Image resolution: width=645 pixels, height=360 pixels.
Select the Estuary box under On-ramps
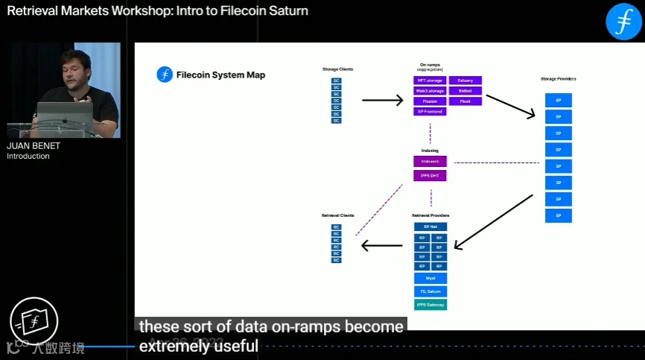point(466,80)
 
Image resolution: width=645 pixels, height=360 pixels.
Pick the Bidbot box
point(466,90)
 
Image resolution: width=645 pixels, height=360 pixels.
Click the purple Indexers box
point(430,161)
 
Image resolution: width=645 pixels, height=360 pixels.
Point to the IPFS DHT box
point(430,175)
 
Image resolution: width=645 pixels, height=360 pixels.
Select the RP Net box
point(430,227)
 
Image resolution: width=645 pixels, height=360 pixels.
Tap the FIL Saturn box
point(430,291)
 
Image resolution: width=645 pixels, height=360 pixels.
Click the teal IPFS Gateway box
point(430,304)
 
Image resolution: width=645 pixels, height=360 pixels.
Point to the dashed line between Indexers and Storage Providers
point(496,162)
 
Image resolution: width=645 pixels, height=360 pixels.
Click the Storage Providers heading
point(558,78)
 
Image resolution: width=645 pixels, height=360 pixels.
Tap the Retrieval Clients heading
point(337,215)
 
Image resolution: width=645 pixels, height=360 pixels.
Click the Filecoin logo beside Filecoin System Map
point(165,75)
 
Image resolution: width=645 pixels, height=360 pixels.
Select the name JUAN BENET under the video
point(34,146)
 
